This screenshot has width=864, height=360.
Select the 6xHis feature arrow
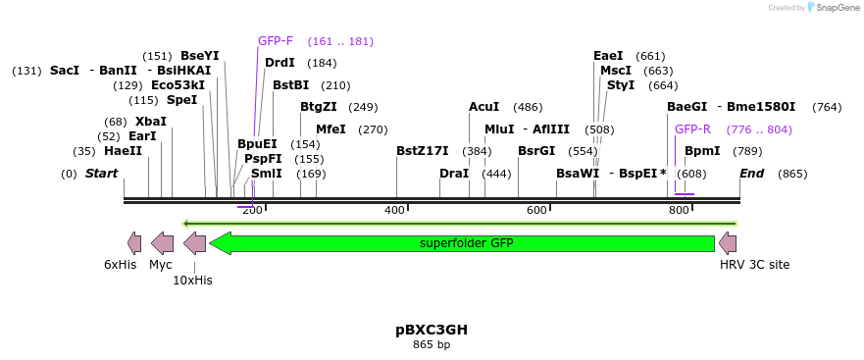pos(133,243)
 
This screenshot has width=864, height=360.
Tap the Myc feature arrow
pos(163,243)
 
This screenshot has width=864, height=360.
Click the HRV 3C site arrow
pos(728,243)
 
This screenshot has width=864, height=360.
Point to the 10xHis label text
pos(192,280)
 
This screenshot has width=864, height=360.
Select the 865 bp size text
pos(432,344)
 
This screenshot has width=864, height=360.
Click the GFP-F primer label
pos(276,41)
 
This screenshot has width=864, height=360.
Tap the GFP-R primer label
pos(692,129)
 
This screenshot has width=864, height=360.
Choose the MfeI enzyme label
pos(330,129)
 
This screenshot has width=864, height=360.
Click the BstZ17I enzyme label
pos(422,151)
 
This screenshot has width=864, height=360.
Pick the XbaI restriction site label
pos(151,122)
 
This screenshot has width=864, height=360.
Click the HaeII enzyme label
pos(123,151)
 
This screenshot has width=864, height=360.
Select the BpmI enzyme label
pos(702,151)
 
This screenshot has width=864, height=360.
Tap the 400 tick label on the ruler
pos(394,211)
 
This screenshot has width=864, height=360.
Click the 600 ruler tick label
pos(536,211)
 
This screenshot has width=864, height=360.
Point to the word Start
pos(101,174)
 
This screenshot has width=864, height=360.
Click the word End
pos(751,174)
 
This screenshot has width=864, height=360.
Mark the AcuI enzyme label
pos(483,107)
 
